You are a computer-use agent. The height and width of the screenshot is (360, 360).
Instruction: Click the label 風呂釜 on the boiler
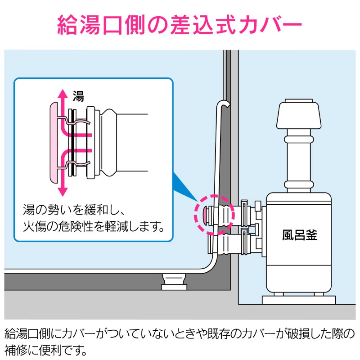click(x=299, y=235)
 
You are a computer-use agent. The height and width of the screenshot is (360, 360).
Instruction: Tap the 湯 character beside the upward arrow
click(x=78, y=95)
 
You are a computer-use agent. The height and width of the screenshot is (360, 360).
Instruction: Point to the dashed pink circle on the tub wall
click(x=215, y=214)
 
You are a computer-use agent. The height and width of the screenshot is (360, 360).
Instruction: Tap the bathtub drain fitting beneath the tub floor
click(x=174, y=283)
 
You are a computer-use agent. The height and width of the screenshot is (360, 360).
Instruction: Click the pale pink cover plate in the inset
click(x=54, y=142)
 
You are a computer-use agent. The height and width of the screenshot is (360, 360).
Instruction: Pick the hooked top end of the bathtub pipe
click(x=223, y=104)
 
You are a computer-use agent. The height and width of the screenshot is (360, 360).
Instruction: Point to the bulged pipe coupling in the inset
click(x=109, y=142)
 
